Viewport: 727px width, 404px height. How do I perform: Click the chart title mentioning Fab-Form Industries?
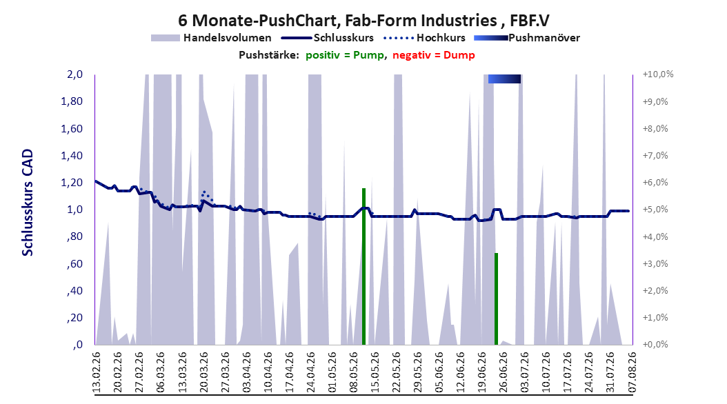tap(363, 21)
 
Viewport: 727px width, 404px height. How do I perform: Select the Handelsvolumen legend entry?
tap(211, 38)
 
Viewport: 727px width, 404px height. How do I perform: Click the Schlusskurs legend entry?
tap(328, 38)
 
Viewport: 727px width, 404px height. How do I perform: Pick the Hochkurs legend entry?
tap(425, 38)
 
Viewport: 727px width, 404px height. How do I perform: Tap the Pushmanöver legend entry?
tap(527, 38)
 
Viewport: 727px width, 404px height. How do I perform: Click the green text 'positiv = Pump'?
tap(345, 55)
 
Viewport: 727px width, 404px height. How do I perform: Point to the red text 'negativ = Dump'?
tap(434, 55)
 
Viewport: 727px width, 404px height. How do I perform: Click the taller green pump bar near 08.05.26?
tap(364, 266)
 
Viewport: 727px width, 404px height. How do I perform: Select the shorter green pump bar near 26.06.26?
tap(496, 299)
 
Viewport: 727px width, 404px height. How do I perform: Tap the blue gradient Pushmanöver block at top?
tap(504, 79)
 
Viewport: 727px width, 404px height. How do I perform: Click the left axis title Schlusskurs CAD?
tap(28, 203)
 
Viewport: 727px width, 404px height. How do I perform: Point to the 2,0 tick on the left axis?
tap(74, 74)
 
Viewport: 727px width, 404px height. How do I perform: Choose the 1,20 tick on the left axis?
tap(72, 183)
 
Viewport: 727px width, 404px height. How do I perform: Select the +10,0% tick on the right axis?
tap(658, 74)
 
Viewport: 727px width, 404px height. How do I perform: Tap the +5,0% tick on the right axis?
tap(655, 210)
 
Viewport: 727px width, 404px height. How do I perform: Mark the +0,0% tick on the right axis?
tap(655, 345)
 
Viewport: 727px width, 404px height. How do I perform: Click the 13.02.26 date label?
tap(97, 373)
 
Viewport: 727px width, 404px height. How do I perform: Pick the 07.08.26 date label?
tap(632, 373)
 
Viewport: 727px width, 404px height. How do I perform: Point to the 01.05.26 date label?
tap(332, 373)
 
